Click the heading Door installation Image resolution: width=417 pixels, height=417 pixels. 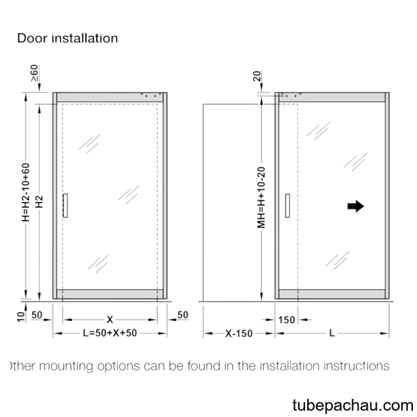(x=67, y=38)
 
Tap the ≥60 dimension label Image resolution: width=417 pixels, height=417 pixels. (x=35, y=73)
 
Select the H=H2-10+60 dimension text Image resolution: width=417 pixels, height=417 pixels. (x=26, y=193)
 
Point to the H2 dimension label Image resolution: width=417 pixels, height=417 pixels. (x=40, y=202)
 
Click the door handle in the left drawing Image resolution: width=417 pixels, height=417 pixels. (x=65, y=206)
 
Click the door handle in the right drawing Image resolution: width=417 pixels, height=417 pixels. (x=288, y=206)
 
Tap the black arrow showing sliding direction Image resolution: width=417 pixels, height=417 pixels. (x=356, y=206)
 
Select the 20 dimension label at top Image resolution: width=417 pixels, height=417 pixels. (x=257, y=76)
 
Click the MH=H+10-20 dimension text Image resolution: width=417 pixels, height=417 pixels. (x=261, y=197)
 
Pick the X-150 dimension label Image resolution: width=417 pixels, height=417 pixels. (x=239, y=334)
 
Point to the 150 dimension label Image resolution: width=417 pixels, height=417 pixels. (x=286, y=320)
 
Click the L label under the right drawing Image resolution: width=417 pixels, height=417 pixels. (x=332, y=333)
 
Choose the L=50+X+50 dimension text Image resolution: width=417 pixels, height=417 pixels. (x=110, y=333)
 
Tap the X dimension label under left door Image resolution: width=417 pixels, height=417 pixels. (x=110, y=320)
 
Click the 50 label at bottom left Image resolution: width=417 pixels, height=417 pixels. (x=37, y=315)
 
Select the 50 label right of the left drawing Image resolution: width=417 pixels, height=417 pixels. (x=183, y=315)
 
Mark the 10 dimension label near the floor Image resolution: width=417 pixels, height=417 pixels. (x=21, y=317)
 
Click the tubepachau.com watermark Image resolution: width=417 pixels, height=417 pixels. (x=352, y=406)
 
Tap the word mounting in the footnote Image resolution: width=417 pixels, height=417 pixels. (x=66, y=367)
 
